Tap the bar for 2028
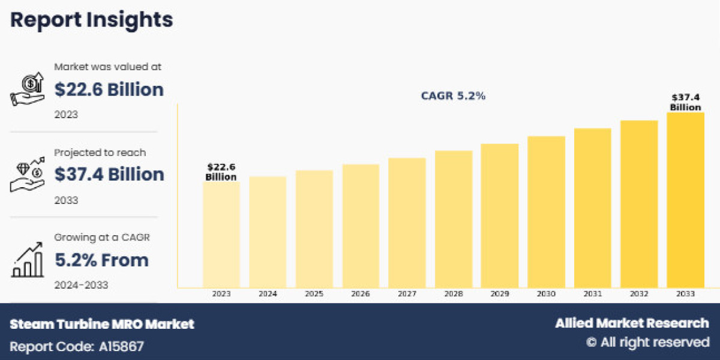[x=454, y=219]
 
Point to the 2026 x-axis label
[x=361, y=294]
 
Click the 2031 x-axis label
[x=592, y=294]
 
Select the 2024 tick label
[x=268, y=294]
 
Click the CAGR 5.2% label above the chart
[x=452, y=96]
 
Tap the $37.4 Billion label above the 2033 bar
[x=685, y=102]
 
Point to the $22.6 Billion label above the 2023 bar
[x=221, y=172]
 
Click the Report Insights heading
[x=92, y=20]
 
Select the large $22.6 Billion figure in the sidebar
[x=109, y=89]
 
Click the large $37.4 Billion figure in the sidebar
[x=109, y=174]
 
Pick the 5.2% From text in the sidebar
[x=101, y=260]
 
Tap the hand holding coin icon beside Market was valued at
[x=28, y=90]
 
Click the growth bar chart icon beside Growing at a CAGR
[x=28, y=260]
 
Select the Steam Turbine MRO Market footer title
[x=102, y=324]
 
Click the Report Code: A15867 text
[x=77, y=346]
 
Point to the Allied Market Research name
[x=632, y=323]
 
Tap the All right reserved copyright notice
[x=647, y=342]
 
